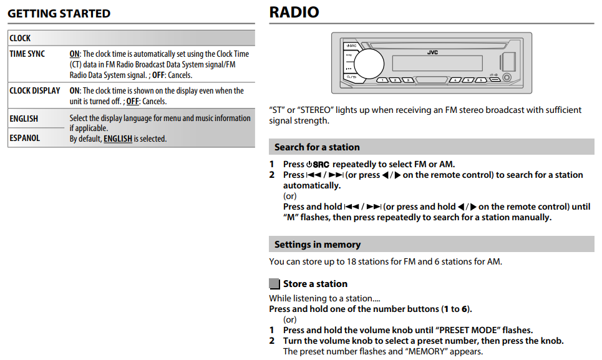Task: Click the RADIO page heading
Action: (294, 12)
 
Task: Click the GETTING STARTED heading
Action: (59, 14)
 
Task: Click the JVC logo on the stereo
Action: (432, 52)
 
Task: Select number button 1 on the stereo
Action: (382, 80)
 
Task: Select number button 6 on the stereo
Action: (480, 80)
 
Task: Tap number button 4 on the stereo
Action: (455, 80)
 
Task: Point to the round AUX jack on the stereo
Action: (507, 78)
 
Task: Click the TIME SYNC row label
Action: (27, 54)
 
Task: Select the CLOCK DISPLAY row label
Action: (35, 90)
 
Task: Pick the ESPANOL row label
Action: (25, 138)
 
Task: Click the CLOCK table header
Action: (20, 38)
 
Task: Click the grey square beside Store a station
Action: (274, 284)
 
